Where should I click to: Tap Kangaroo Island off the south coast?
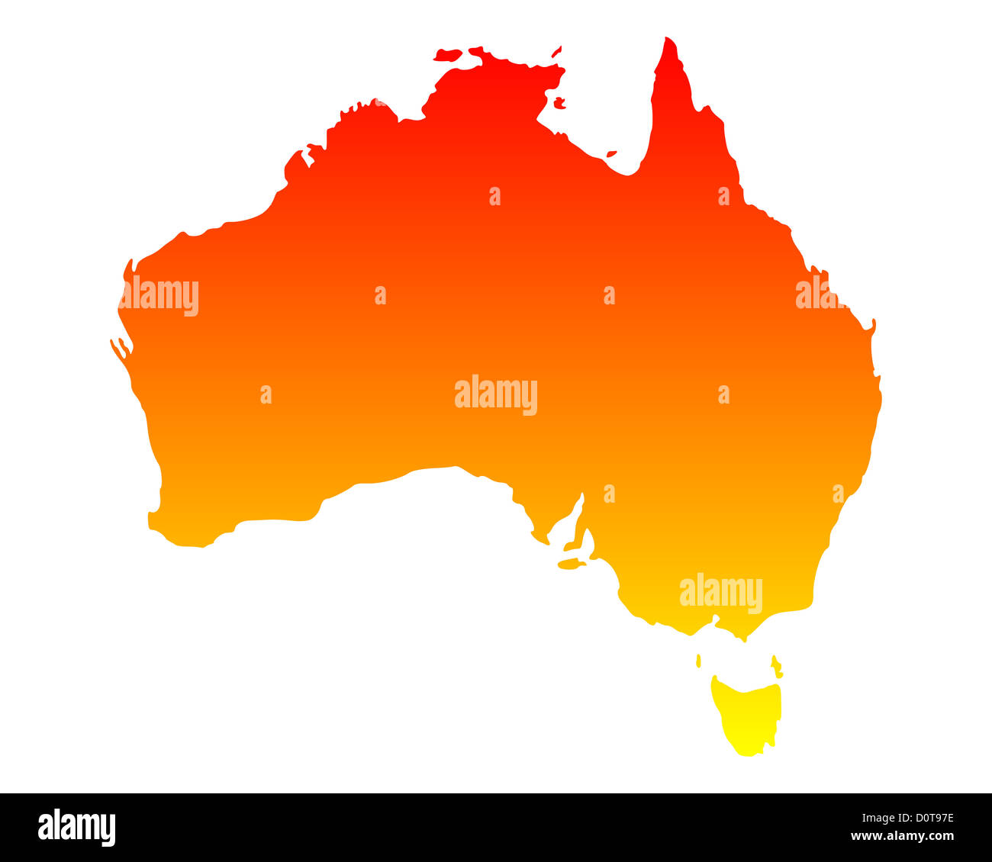571,564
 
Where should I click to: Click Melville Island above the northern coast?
449,55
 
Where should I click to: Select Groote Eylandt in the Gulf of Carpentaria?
560,102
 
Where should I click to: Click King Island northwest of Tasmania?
698,661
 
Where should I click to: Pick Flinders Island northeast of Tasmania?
776,665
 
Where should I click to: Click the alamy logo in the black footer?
77,828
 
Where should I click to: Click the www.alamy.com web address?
902,837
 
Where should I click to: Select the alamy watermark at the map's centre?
496,394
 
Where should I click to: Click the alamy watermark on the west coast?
159,296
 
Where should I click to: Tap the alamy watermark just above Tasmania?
720,593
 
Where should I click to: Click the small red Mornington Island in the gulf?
611,154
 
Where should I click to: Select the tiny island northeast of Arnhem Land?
556,52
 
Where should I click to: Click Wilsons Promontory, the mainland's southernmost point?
739,638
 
